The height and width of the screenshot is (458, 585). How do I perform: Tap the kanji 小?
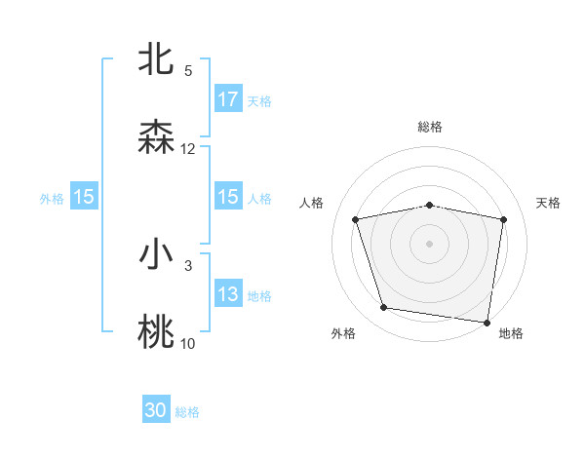click(x=157, y=255)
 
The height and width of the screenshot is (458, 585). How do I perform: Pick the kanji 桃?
click(x=157, y=332)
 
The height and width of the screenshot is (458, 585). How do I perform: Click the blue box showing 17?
click(x=228, y=99)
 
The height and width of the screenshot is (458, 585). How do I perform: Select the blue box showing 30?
click(x=156, y=411)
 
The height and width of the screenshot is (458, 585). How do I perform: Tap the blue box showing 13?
click(x=228, y=294)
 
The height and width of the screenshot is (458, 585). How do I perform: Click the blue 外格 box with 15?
click(x=84, y=197)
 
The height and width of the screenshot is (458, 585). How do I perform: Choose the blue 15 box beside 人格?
click(x=228, y=197)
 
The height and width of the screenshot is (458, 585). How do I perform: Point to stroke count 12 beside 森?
click(x=188, y=149)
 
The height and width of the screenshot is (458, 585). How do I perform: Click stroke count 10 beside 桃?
click(x=188, y=343)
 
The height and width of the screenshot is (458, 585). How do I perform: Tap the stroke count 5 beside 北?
click(x=188, y=71)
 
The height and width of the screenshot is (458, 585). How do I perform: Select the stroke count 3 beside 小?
click(x=188, y=265)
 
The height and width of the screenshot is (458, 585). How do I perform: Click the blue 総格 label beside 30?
click(x=187, y=412)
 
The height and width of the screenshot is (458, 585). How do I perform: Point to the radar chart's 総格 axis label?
click(x=430, y=127)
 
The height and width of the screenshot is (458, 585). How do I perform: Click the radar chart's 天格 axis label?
click(x=549, y=203)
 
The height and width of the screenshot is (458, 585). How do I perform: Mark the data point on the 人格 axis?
click(x=356, y=219)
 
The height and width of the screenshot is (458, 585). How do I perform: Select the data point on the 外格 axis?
click(x=383, y=308)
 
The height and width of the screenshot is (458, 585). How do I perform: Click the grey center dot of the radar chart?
click(x=430, y=244)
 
